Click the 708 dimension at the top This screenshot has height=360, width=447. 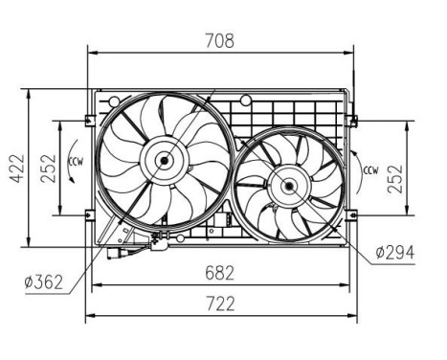(219, 41)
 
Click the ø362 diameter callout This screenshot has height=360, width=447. (42, 281)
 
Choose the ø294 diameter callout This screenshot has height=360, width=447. (393, 253)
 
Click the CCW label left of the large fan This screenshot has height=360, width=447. (74, 168)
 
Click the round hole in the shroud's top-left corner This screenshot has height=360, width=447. (115, 99)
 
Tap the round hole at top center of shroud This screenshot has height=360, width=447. (246, 100)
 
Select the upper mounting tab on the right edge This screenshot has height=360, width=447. (351, 121)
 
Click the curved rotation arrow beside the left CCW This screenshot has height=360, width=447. (64, 169)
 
